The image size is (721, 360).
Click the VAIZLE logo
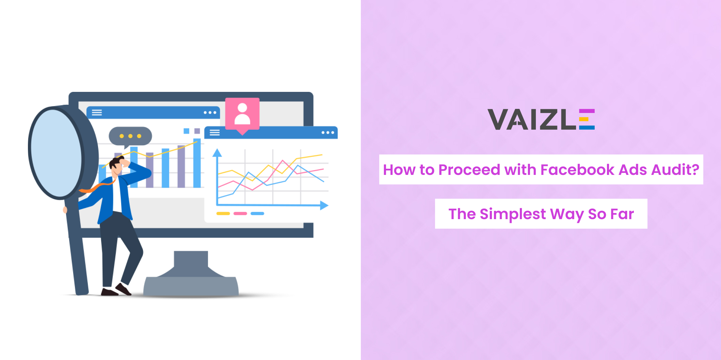point(541,119)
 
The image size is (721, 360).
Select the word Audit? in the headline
point(675,169)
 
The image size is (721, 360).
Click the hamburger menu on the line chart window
point(214,133)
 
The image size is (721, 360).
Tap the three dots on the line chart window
point(328,133)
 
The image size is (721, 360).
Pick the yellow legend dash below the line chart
point(223,214)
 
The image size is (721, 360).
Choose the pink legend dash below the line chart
point(240,214)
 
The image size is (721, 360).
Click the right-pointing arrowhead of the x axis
point(324,205)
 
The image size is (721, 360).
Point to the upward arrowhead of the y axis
point(217,152)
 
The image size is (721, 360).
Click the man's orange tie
point(97,187)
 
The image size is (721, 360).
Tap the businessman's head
point(117,165)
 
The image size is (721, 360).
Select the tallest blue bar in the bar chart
point(197,163)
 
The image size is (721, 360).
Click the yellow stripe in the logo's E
point(584,119)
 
